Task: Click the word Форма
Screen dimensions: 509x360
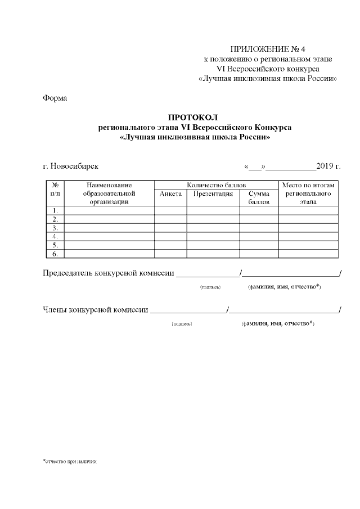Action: (55, 98)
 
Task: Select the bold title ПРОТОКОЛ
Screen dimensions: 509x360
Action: (191, 118)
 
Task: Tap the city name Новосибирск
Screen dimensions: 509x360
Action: (74, 166)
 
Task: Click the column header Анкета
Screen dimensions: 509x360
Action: (170, 193)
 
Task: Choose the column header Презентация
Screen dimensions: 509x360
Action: (213, 193)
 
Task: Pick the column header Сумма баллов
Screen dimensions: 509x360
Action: (259, 197)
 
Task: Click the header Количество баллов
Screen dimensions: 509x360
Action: (216, 185)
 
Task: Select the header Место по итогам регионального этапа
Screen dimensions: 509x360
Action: (308, 193)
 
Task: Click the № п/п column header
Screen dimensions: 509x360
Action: (55, 189)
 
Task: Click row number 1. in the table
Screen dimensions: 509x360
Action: (55, 211)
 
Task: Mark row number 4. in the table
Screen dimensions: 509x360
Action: (55, 237)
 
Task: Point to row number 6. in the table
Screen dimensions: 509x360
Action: (55, 254)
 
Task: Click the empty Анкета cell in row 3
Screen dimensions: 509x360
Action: (170, 228)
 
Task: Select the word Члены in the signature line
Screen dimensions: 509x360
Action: (55, 309)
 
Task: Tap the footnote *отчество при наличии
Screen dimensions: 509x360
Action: (70, 461)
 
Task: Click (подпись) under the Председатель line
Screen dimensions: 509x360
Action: (210, 287)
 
